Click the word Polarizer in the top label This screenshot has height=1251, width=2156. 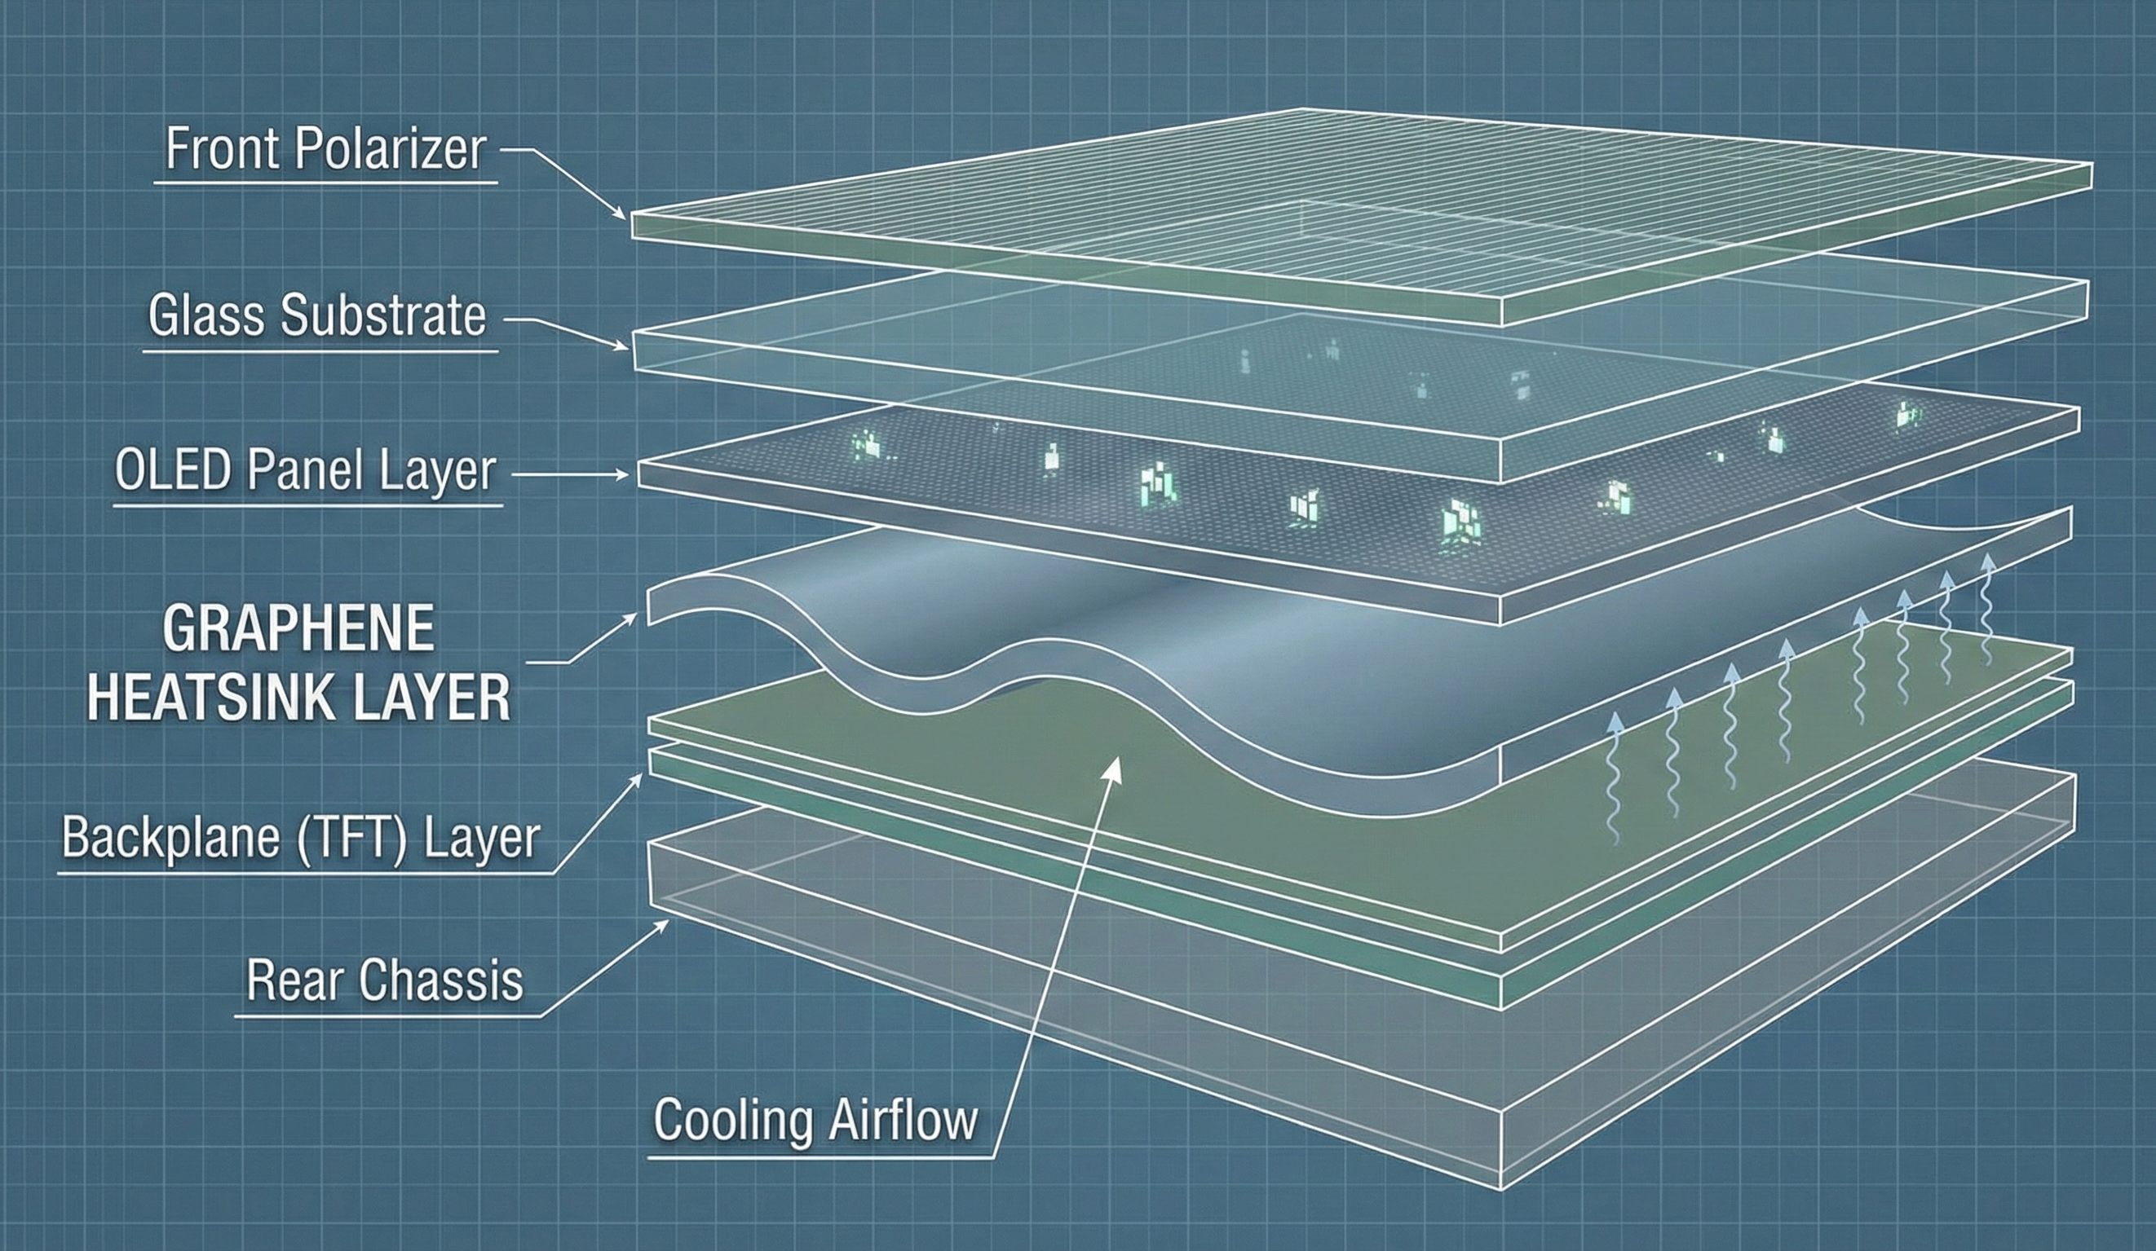click(x=390, y=150)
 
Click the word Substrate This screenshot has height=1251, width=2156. click(x=383, y=316)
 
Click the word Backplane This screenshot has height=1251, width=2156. click(x=171, y=838)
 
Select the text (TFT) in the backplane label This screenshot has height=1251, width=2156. click(x=351, y=838)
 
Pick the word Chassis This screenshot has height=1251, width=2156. click(x=440, y=980)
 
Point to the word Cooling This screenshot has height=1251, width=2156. click(x=733, y=1119)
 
